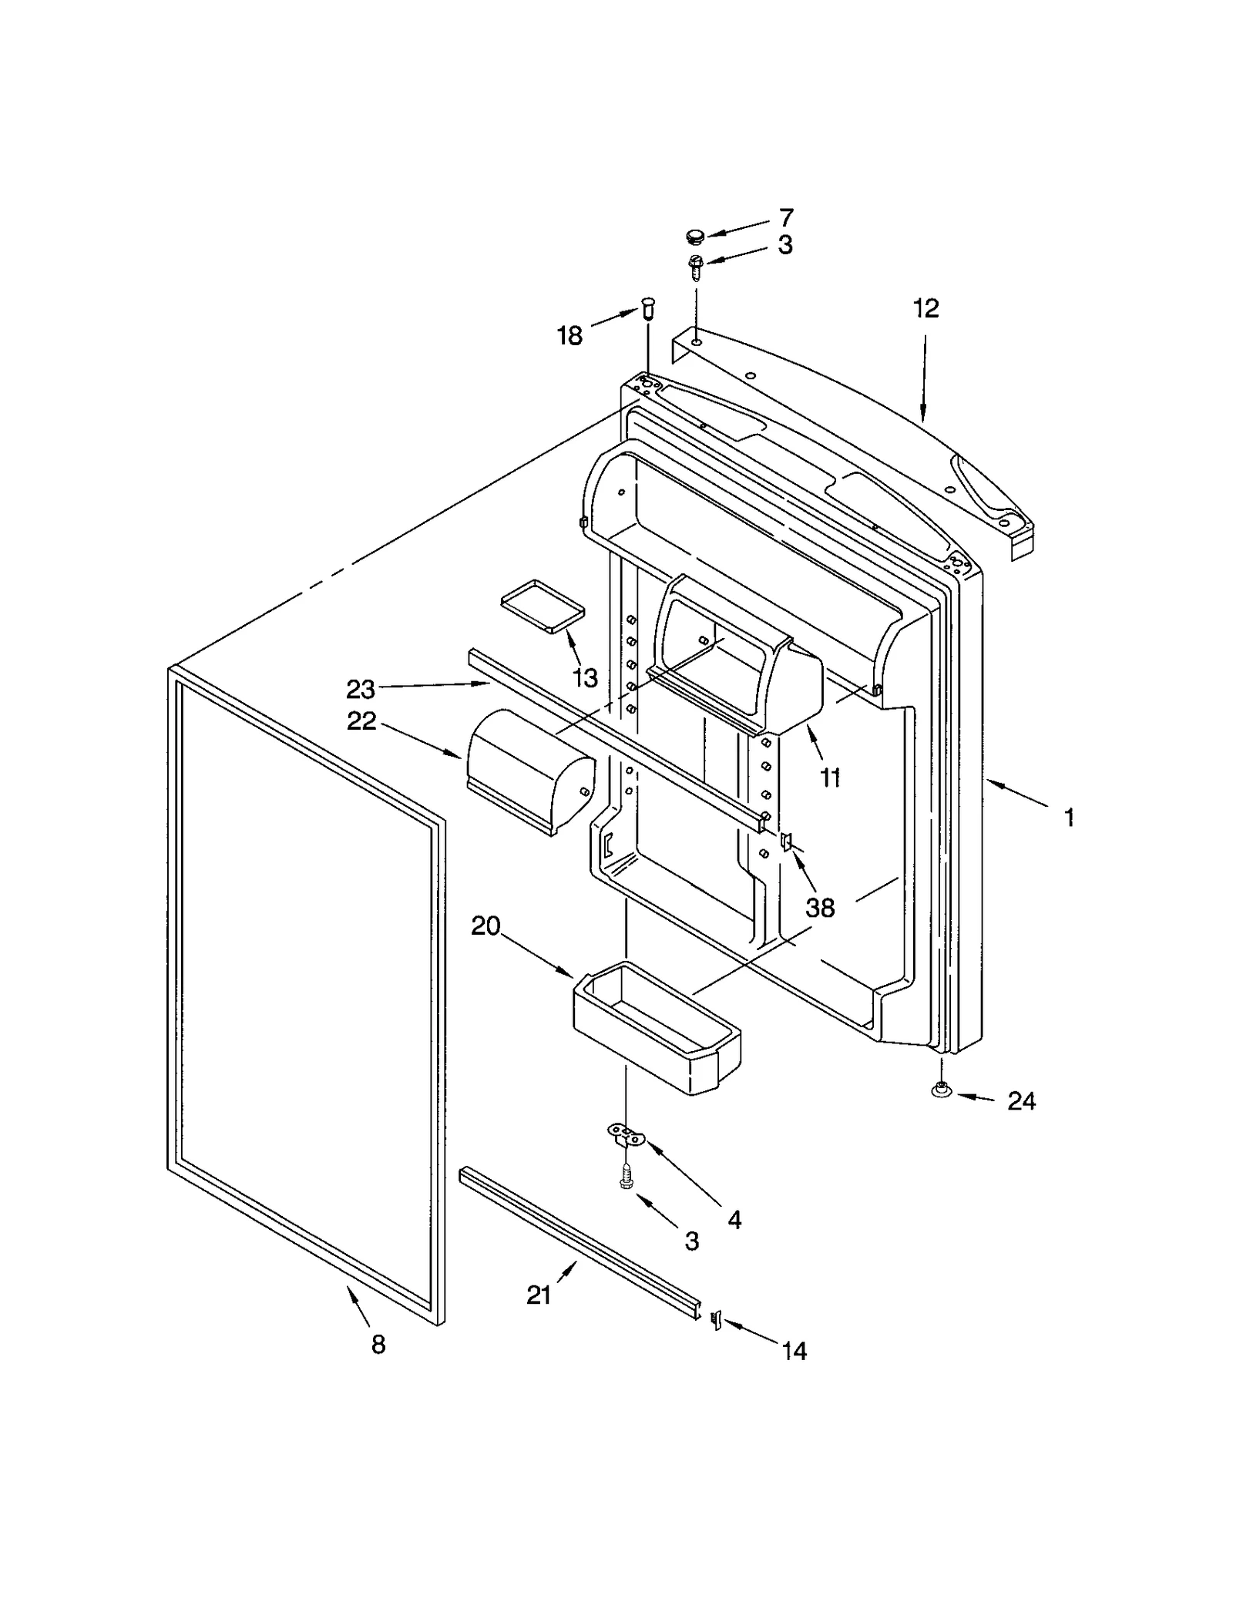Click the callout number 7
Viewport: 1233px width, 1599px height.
(x=786, y=218)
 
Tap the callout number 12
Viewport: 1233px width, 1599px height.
(x=926, y=308)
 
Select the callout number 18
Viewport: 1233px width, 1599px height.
(x=570, y=336)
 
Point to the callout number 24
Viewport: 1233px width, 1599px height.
(x=1021, y=1101)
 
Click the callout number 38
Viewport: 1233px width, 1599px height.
(x=820, y=908)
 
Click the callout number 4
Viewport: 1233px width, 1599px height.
(x=734, y=1219)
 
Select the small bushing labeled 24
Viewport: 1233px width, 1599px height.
(x=941, y=1090)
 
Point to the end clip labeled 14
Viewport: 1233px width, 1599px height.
(x=714, y=1320)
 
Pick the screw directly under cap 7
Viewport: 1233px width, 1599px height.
(x=695, y=267)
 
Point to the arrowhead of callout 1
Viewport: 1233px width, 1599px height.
(x=990, y=784)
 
